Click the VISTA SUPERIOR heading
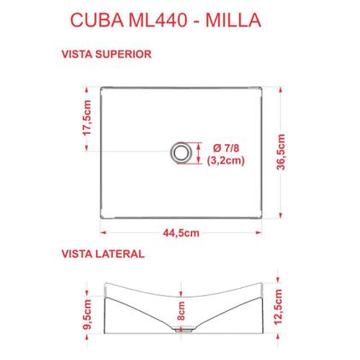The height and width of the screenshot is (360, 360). pyautogui.click(x=107, y=53)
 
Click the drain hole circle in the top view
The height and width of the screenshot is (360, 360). pyautogui.click(x=182, y=153)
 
